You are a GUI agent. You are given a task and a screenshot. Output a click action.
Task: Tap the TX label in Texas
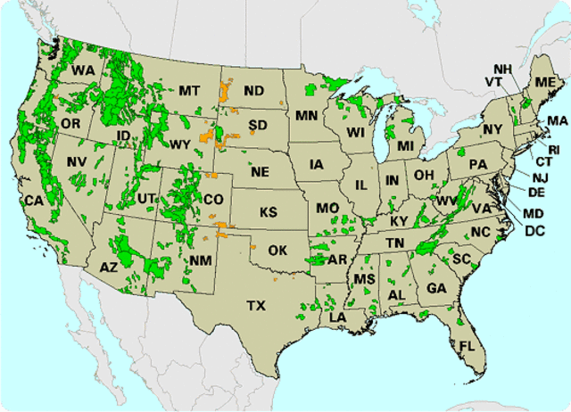pos(256,306)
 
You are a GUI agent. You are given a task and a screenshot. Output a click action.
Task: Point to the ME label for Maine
pos(543,82)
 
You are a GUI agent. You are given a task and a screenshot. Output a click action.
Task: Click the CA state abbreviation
pos(34,201)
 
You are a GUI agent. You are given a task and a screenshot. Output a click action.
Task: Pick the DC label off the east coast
pos(534,230)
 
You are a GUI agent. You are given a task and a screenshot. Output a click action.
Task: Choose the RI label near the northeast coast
pos(553,148)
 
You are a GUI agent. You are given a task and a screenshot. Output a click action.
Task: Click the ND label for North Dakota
pos(253,91)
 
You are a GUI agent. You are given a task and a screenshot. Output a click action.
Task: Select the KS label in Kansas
pos(269,213)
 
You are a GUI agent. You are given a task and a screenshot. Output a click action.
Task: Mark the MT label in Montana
pos(188,90)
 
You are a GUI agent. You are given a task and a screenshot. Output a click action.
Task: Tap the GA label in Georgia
pos(436,288)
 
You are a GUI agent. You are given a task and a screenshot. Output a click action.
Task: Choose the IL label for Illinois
pos(361,185)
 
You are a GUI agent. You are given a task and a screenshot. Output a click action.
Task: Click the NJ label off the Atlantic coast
pos(540,177)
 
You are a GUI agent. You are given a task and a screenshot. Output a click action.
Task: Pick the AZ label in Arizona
pos(108,267)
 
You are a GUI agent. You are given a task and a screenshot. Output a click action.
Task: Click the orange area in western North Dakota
pos(224,91)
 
